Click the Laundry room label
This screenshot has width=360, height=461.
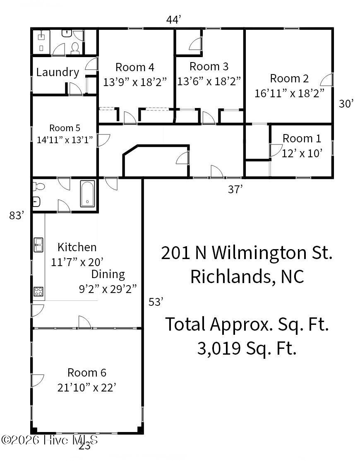(x=58, y=72)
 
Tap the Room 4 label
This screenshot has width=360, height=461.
(x=135, y=67)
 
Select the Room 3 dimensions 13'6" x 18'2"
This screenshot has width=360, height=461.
(x=209, y=81)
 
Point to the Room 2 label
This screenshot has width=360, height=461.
(x=290, y=79)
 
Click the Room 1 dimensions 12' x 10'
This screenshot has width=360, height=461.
(x=302, y=153)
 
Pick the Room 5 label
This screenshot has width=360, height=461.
(x=65, y=128)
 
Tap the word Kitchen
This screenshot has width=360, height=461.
(x=77, y=247)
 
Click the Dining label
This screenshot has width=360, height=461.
(x=108, y=275)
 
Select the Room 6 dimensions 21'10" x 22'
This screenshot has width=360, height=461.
(x=87, y=388)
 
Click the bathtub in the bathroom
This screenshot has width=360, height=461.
(x=88, y=194)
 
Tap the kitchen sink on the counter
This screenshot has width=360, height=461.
(x=38, y=245)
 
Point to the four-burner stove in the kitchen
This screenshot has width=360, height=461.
(x=38, y=291)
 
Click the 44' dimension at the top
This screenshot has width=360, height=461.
(x=173, y=20)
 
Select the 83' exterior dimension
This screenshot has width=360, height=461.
(x=17, y=216)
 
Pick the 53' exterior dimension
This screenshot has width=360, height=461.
(x=156, y=302)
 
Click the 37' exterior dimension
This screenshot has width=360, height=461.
(x=235, y=190)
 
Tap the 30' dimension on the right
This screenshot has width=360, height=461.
(x=346, y=104)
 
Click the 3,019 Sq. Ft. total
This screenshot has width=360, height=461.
(x=247, y=349)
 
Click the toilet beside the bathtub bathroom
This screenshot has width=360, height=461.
(x=38, y=186)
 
